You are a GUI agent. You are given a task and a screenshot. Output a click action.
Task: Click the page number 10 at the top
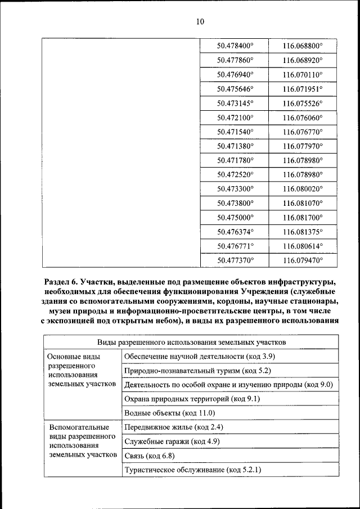point(200,22)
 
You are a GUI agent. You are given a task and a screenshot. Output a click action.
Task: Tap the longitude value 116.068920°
point(303,59)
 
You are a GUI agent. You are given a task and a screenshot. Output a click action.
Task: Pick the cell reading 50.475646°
point(235,89)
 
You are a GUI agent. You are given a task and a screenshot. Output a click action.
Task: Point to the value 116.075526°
point(303,103)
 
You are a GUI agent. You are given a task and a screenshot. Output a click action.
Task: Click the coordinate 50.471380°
point(235,146)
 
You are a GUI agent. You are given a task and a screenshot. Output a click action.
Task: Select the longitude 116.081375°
point(303,231)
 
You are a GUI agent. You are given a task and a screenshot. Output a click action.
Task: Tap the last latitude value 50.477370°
point(235,260)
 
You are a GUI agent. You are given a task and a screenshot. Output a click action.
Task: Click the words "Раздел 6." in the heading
point(60,281)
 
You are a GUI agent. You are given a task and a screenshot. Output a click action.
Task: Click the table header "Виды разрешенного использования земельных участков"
point(191,342)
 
